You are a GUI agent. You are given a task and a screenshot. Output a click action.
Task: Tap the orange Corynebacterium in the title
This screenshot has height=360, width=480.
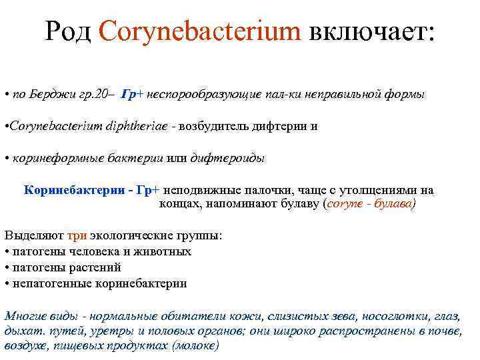[199, 31]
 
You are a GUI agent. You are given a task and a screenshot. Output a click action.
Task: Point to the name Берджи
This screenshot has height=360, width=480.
[46, 95]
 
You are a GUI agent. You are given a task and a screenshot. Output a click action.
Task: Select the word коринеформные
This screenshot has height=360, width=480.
[49, 158]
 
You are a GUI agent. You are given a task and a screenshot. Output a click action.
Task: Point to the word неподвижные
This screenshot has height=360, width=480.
[197, 190]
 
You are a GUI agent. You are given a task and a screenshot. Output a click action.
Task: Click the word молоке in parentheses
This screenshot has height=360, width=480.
[194, 346]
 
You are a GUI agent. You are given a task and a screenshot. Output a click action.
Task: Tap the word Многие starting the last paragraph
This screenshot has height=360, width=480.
[23, 315]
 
